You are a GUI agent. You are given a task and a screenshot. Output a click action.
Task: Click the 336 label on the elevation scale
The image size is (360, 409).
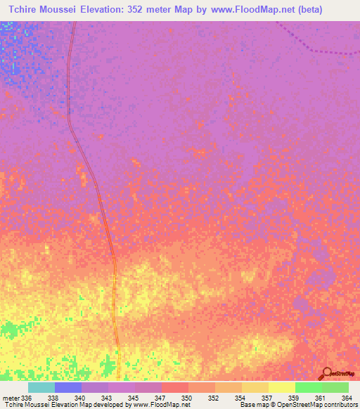click(x=27, y=398)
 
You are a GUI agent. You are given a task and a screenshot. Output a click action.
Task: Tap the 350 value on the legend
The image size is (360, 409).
click(x=186, y=398)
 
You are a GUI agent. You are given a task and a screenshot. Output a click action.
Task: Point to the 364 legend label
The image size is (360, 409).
click(x=347, y=398)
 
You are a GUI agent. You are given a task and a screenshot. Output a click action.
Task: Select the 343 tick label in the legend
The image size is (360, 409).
click(x=106, y=398)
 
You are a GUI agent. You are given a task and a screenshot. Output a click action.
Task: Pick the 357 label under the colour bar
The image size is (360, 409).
click(x=266, y=398)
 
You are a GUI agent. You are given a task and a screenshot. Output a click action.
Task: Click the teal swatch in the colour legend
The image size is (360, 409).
click(x=41, y=387)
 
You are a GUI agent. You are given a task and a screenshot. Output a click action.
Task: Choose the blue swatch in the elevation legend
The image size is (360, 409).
click(x=68, y=387)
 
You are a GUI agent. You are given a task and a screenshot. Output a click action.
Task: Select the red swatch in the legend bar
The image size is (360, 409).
click(x=175, y=387)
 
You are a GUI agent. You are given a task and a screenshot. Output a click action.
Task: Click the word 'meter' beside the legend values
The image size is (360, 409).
click(x=10, y=398)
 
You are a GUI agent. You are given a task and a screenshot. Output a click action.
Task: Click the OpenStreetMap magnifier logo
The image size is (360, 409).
click(x=327, y=374)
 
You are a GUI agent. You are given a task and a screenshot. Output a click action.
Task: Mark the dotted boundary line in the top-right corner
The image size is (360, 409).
click(x=316, y=49)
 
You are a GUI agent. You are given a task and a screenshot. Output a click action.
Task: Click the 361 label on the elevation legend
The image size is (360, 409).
click(x=320, y=398)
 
